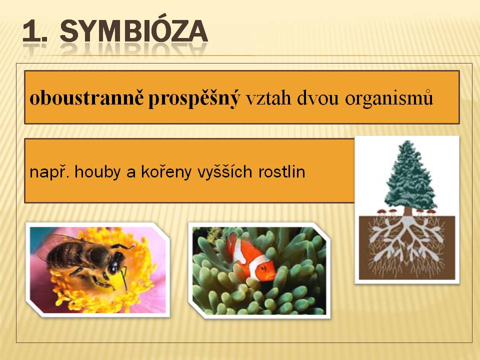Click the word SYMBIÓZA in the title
coord(134,31)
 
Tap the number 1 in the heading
coord(32,31)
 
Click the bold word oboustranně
coord(86,98)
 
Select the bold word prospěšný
coord(194,99)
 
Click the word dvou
coord(318,98)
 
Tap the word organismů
coord(389,98)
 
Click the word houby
coord(97,172)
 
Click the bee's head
coord(115,264)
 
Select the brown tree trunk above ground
coord(407,211)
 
